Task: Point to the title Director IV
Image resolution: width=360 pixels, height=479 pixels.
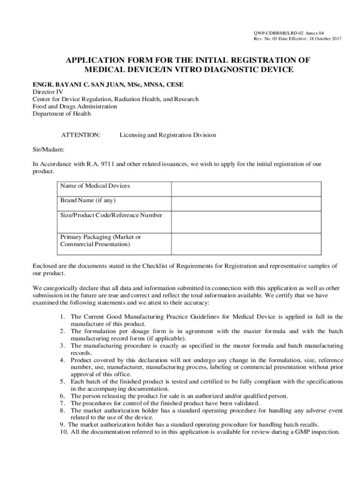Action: [48, 92]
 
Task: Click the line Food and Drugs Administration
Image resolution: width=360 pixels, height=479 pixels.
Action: [75, 106]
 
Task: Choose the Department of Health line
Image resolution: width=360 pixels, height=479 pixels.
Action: [62, 113]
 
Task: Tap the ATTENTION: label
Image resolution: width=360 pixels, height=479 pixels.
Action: [81, 135]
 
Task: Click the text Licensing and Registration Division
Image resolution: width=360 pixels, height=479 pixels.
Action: [167, 135]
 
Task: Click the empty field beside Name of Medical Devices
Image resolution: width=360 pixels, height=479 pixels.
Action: [246, 189]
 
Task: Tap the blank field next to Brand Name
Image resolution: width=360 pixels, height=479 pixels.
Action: [246, 203]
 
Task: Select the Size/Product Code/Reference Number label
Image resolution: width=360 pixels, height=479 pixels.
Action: [111, 215]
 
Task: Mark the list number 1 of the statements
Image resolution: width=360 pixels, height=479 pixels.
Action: [62, 317]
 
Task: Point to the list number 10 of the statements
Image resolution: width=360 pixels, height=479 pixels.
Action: [64, 432]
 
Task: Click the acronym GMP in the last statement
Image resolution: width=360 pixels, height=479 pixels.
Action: [298, 432]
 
